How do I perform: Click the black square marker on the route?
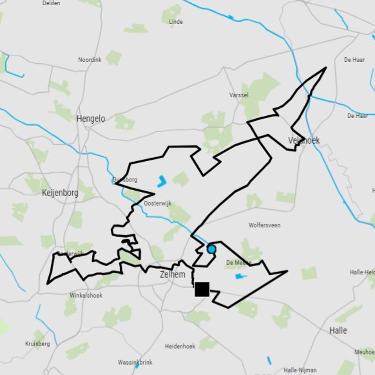tap(202, 289)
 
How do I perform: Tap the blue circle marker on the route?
tap(211, 249)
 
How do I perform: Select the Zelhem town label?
tap(172, 275)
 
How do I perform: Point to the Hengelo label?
tap(91, 119)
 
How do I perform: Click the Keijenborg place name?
tap(60, 193)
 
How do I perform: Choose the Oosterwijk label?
tap(156, 203)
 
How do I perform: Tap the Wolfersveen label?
tap(264, 225)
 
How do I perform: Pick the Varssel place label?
tap(239, 95)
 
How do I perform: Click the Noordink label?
tap(90, 60)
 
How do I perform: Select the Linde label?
tap(175, 22)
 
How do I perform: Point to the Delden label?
tap(51, 3)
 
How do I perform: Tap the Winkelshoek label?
tap(86, 296)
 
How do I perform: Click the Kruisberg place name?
tap(37, 344)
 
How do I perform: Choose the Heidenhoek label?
tap(180, 346)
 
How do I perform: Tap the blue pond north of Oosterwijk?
tap(162, 181)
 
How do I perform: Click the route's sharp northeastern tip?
tap(325, 68)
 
